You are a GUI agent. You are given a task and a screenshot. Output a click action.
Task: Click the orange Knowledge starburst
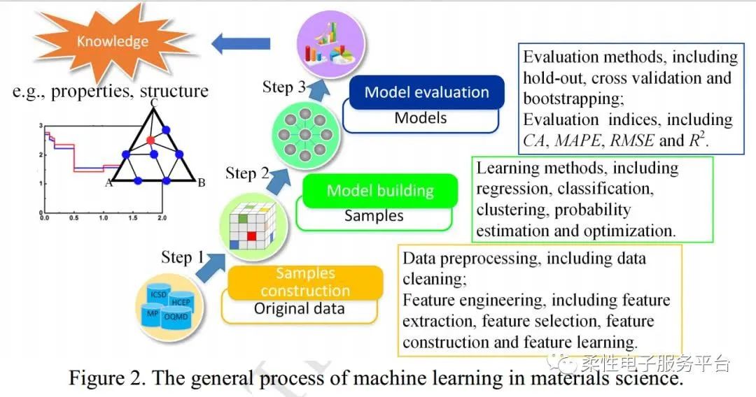(112, 42)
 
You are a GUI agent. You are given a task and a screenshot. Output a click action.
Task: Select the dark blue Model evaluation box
(426, 92)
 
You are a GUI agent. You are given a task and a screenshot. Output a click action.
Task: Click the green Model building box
(380, 191)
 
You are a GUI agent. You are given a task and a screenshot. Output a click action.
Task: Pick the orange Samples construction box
(305, 282)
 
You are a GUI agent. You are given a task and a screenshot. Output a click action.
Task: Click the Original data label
(299, 308)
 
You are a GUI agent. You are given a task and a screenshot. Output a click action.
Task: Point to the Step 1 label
(182, 257)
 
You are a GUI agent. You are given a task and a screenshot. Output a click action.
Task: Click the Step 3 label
(284, 87)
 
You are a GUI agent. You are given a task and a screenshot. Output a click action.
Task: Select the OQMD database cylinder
(176, 317)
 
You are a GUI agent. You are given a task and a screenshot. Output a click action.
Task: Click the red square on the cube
(252, 236)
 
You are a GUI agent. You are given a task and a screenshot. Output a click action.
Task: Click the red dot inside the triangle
(150, 140)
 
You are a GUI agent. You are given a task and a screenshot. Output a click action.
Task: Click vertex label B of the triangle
(201, 183)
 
